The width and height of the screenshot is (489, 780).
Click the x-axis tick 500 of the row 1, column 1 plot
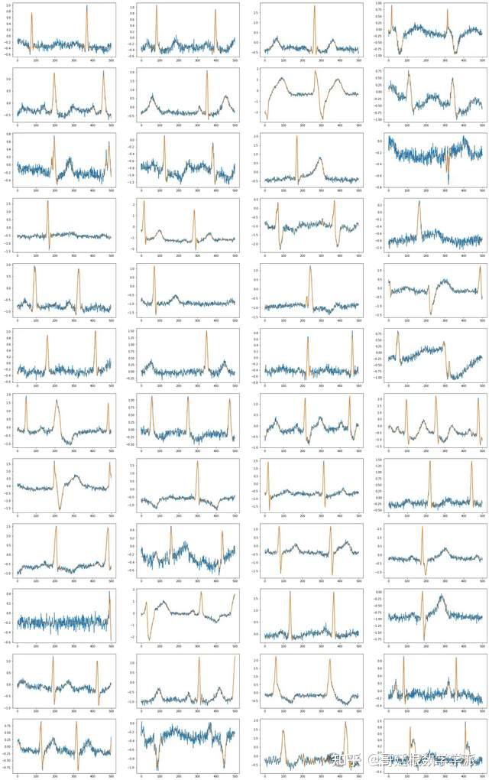111,60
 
